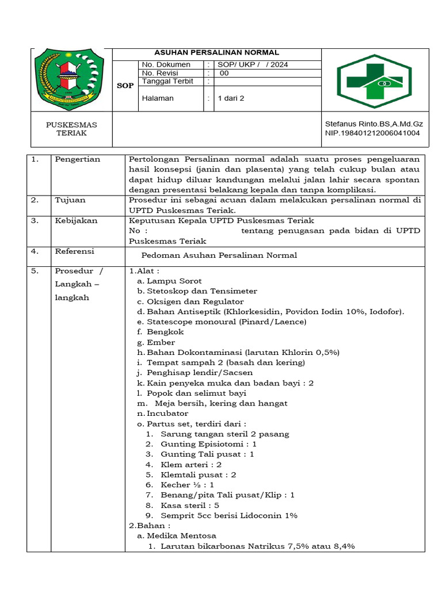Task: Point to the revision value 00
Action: coord(224,73)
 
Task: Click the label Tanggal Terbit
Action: coord(167,81)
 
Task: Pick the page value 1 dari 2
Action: coord(231,98)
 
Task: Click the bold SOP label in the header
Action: coord(125,85)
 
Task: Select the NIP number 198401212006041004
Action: coord(372,133)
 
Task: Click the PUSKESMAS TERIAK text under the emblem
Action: coord(71,129)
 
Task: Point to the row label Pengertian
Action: coord(77,159)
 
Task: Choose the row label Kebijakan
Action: coord(76,221)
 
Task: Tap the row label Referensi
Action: coord(75,251)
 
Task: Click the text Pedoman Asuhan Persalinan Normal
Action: coord(219,255)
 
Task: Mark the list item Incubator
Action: coord(167,413)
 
